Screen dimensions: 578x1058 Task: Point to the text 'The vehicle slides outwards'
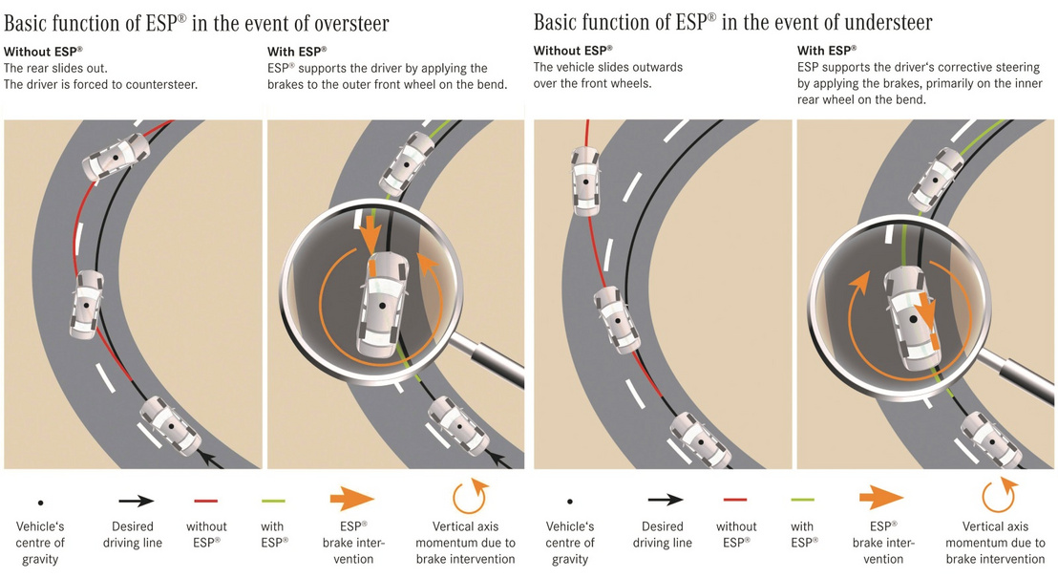[608, 67]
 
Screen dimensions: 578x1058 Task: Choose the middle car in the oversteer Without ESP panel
[89, 304]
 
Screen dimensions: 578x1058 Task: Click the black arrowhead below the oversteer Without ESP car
[204, 463]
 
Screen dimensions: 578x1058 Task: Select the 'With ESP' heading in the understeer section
[827, 50]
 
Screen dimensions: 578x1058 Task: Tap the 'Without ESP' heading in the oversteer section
[43, 51]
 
